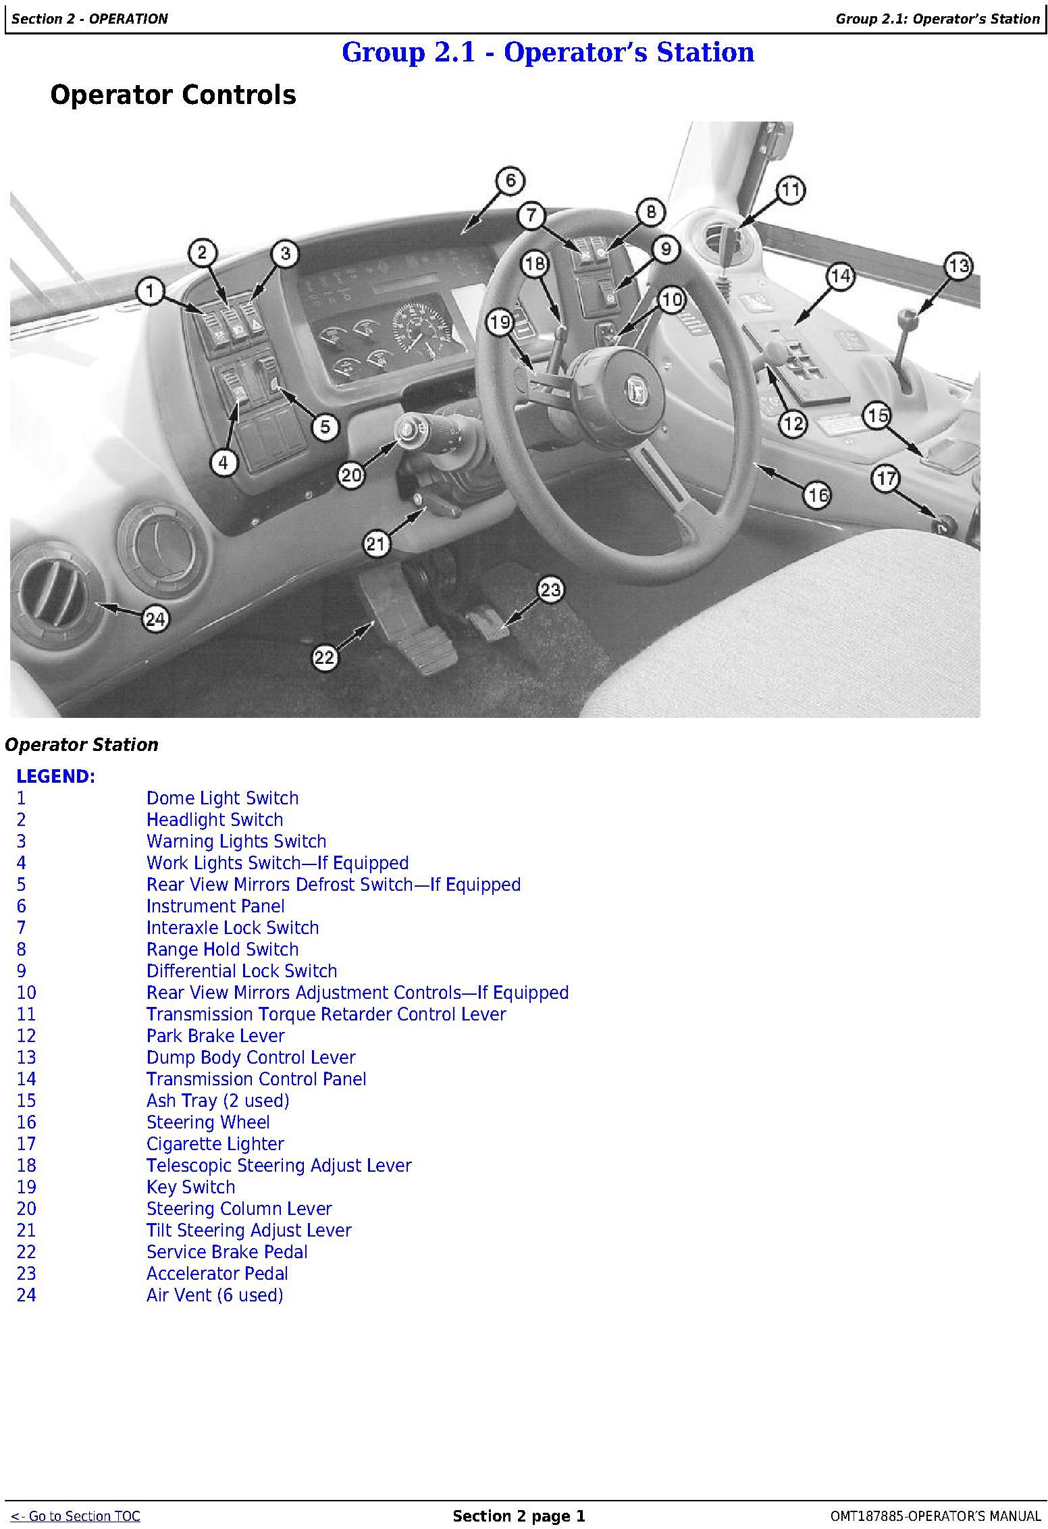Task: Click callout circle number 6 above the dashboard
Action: (510, 180)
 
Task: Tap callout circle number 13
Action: (959, 265)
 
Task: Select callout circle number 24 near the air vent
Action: (156, 619)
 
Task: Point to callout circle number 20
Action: (351, 475)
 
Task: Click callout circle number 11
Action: (790, 190)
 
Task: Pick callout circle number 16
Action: (818, 495)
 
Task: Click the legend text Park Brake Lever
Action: (215, 1036)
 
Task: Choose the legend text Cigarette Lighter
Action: (215, 1144)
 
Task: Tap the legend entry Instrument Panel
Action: (215, 906)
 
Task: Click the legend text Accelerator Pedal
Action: (217, 1274)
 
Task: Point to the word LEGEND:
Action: (56, 777)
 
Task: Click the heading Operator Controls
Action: (173, 95)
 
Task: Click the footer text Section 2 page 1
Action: (519, 1516)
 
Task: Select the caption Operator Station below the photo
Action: (82, 745)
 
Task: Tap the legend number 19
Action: (26, 1187)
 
